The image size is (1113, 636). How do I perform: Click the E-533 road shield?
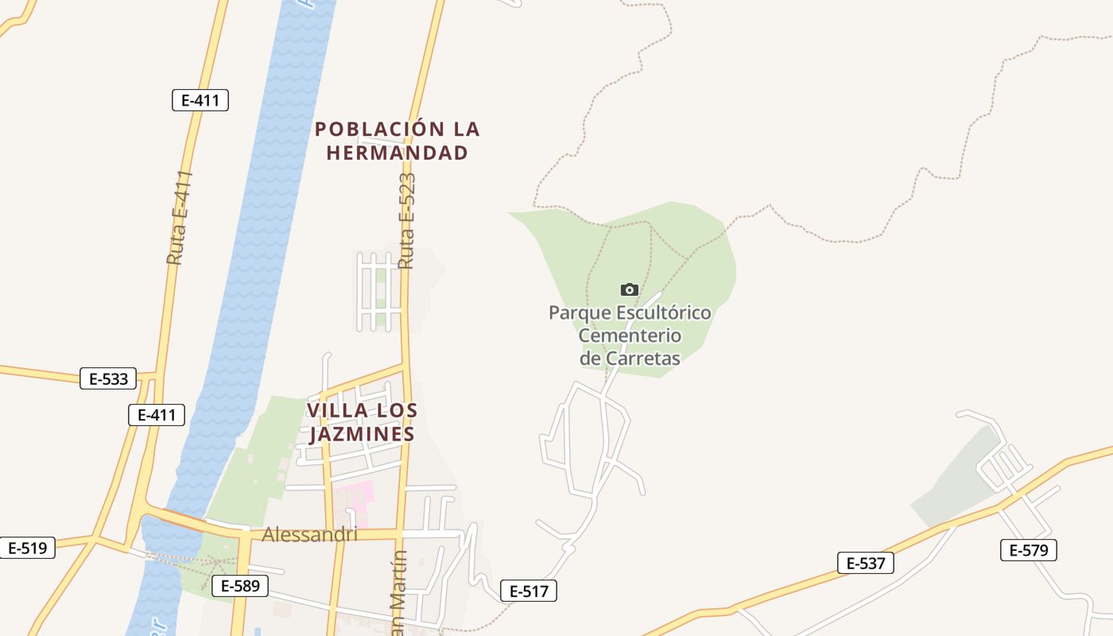pos(108,378)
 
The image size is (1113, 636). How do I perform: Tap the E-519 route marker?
pos(27,548)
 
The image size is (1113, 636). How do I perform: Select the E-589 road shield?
pos(240,587)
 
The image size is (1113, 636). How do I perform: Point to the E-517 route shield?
pos(529,591)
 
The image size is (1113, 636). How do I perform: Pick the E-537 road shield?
pos(866,564)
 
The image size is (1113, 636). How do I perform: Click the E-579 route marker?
pos(1029,550)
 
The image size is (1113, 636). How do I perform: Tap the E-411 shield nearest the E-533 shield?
pos(157,414)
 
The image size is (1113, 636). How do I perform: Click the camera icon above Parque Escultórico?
pos(630,289)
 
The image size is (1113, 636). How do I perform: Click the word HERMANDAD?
pos(397,153)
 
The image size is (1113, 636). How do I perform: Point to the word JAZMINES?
pos(362,434)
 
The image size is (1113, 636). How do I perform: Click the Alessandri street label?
pos(309,535)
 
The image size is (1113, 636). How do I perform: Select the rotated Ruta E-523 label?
pos(407,220)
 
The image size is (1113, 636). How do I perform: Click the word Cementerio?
pos(630,335)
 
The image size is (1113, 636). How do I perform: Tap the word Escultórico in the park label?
pos(658,312)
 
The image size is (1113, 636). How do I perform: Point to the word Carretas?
pos(643,358)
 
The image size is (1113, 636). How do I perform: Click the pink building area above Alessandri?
pos(355,496)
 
